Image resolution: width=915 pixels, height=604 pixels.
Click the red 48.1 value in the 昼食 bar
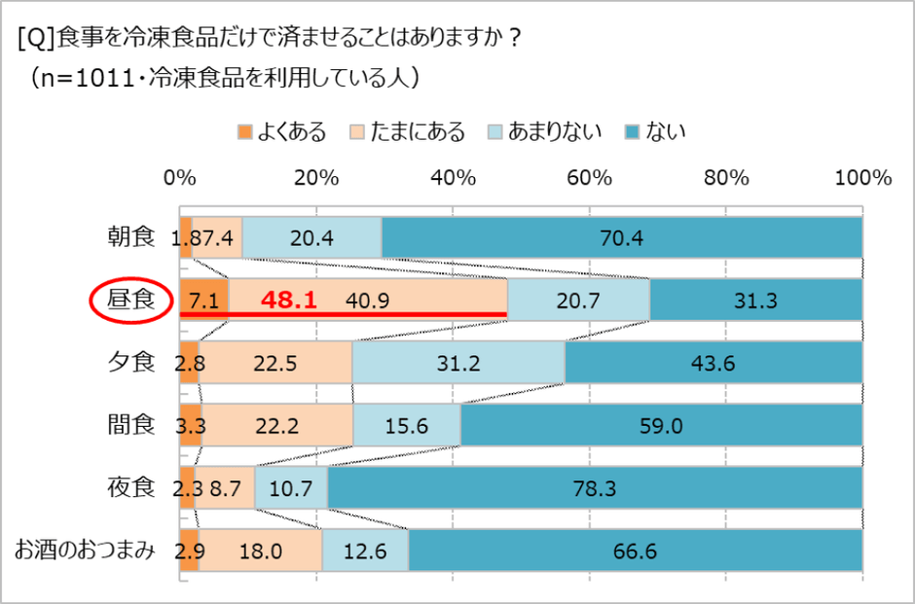pos(288,301)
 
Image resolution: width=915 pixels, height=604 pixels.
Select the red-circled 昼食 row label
pos(131,300)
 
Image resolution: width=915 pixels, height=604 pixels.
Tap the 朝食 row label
pos(131,237)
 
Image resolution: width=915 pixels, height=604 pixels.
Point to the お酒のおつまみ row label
pos(85,551)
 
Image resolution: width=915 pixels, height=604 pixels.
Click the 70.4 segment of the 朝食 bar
pos(621,238)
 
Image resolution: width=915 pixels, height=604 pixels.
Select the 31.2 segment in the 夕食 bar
pos(458,364)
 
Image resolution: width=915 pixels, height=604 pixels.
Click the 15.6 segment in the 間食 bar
pos(407,426)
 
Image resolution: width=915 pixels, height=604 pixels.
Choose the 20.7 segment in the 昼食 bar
pos(578,301)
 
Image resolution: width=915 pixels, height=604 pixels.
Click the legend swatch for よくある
pos(244,131)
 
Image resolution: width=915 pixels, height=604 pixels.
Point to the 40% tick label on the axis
pos(454,178)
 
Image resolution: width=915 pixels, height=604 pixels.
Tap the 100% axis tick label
pos(863,178)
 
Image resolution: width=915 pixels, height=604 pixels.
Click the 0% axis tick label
pos(180,178)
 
